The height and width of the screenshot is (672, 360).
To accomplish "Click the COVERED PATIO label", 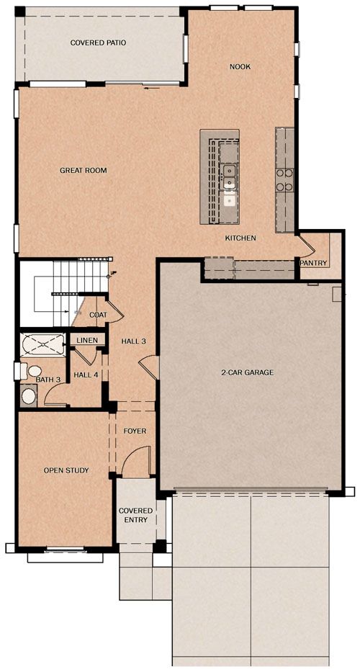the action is (x=98, y=43).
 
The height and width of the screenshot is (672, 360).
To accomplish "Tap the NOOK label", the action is (x=240, y=67).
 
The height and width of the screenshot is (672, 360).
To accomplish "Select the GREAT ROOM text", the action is (x=83, y=171).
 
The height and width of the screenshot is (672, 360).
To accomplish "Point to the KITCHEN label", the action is (x=241, y=238).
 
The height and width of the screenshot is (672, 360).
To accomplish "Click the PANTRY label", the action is (x=314, y=263).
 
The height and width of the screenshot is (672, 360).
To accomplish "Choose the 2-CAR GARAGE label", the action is (x=247, y=372).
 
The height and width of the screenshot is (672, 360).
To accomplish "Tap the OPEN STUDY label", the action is (x=66, y=470).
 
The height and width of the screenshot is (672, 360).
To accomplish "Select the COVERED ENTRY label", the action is (x=136, y=515).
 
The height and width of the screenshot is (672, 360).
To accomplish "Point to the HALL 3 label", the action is (x=134, y=341).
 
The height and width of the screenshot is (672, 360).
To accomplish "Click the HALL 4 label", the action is (x=86, y=375).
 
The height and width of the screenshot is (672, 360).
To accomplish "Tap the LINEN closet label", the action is (x=87, y=341).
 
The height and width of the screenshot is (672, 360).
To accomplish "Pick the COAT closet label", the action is (x=98, y=315).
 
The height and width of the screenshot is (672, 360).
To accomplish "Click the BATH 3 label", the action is (x=48, y=380).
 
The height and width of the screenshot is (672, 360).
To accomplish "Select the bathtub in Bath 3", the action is (x=42, y=344).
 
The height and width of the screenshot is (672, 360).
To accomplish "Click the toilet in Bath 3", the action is (x=30, y=371).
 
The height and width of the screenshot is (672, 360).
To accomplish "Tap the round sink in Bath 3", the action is (x=29, y=396).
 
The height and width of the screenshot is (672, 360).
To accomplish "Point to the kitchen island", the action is (x=220, y=176).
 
